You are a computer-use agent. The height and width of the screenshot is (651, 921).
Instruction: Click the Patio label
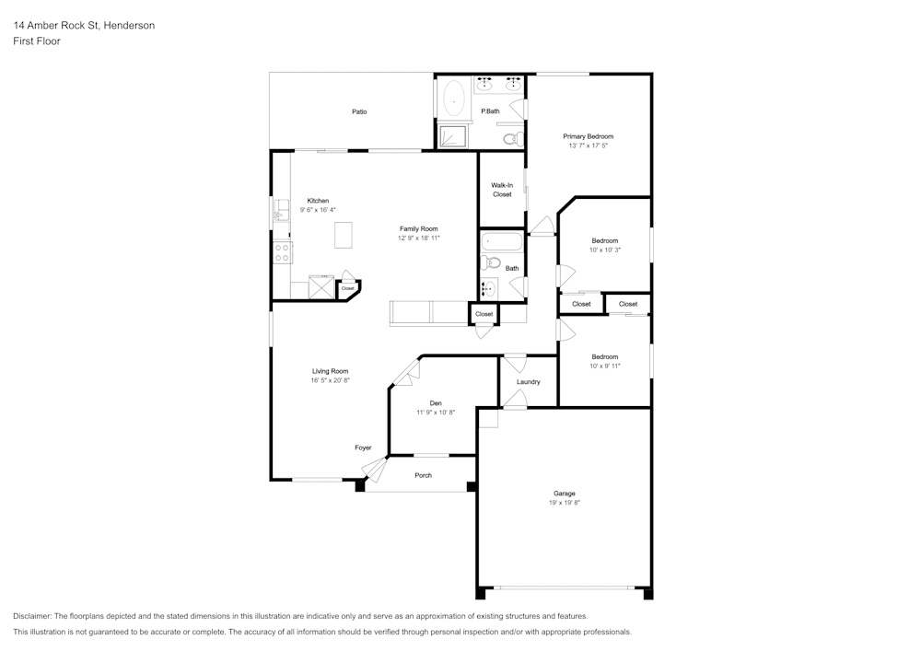[x=359, y=111]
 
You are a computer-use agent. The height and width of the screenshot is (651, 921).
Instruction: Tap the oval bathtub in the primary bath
[x=454, y=99]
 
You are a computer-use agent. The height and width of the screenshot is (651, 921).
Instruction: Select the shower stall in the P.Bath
[x=451, y=136]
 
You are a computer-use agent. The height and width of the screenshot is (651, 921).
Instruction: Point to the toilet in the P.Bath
[x=513, y=139]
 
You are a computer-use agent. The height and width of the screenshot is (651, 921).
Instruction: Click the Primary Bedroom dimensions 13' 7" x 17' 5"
[x=588, y=145]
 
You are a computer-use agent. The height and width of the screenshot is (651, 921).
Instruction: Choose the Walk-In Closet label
[x=502, y=190]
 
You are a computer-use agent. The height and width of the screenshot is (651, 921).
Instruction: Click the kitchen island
[x=344, y=234]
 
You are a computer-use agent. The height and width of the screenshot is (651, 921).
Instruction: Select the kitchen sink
[x=281, y=215]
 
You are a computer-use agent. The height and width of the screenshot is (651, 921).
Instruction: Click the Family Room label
[x=418, y=228]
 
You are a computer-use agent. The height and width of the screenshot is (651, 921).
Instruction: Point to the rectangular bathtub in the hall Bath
[x=502, y=244]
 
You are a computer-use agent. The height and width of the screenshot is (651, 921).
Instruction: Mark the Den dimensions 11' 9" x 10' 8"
[x=436, y=413]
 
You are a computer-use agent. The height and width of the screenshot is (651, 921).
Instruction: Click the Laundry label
[x=529, y=381]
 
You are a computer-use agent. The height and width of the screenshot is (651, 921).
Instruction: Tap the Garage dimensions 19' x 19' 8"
[x=565, y=503]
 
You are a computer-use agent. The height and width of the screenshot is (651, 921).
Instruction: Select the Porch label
[x=423, y=475]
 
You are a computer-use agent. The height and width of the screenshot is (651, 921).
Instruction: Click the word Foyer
[x=363, y=448]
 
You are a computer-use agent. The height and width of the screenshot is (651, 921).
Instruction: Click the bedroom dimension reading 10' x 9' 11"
[x=604, y=366]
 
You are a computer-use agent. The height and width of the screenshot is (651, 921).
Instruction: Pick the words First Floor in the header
[x=37, y=41]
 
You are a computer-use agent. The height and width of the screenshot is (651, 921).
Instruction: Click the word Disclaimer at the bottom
[x=32, y=616]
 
